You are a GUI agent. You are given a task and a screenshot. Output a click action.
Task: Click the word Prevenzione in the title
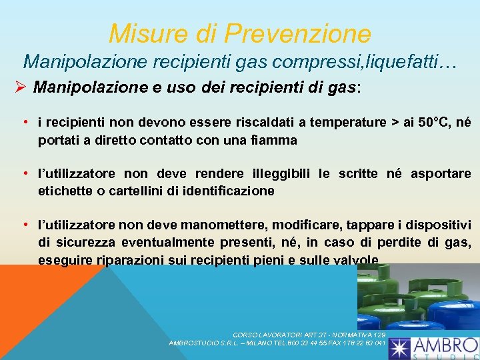(298, 32)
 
